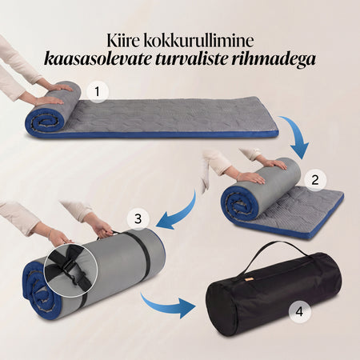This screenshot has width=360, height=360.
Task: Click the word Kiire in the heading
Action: coord(123,41)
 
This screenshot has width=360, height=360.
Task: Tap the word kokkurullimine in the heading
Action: coord(198,41)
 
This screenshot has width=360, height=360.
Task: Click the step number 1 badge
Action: coord(98,92)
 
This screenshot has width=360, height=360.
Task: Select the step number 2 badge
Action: coord(315,180)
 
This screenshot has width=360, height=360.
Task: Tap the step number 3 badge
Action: coord(138,219)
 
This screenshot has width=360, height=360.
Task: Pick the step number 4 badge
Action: coord(300,311)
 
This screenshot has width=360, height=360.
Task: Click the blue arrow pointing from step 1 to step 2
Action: coord(298,134)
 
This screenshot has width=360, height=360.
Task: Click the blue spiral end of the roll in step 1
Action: coord(46,121)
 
